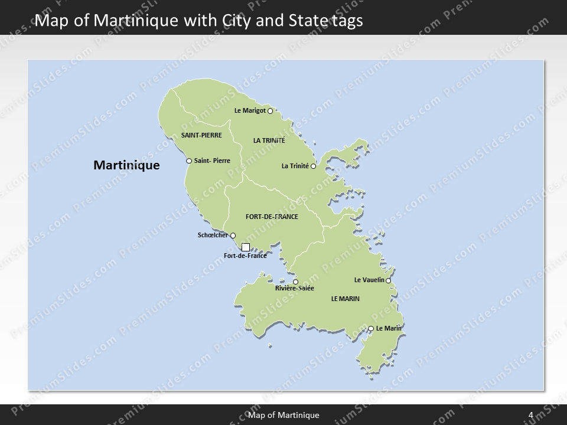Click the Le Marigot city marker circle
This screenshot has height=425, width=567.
pyautogui.click(x=270, y=110)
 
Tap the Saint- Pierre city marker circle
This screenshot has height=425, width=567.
pyautogui.click(x=189, y=161)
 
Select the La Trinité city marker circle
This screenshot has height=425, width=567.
pyautogui.click(x=313, y=166)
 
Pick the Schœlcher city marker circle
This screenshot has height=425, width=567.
pyautogui.click(x=233, y=236)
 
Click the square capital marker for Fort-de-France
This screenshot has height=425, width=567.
pyautogui.click(x=246, y=247)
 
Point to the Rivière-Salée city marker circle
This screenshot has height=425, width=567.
pyautogui.click(x=296, y=282)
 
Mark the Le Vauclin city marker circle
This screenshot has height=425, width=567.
pyautogui.click(x=389, y=280)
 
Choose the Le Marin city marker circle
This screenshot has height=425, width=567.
pyautogui.click(x=371, y=328)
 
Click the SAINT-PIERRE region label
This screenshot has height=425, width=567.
pyautogui.click(x=201, y=135)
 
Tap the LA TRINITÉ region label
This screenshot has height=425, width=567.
pyautogui.click(x=269, y=140)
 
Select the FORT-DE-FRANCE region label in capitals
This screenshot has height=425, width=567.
pyautogui.click(x=272, y=217)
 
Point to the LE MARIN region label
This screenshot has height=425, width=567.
pyautogui.click(x=346, y=299)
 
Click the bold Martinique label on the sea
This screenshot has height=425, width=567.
pyautogui.click(x=126, y=165)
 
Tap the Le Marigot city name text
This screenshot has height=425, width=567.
pyautogui.click(x=250, y=110)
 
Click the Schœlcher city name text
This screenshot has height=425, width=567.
pyautogui.click(x=213, y=236)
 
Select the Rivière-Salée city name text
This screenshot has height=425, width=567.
pyautogui.click(x=294, y=289)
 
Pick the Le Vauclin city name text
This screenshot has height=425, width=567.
pyautogui.click(x=369, y=280)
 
